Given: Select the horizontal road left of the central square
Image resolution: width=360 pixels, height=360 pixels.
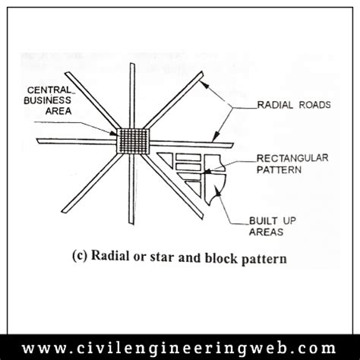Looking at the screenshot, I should coord(76,142).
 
